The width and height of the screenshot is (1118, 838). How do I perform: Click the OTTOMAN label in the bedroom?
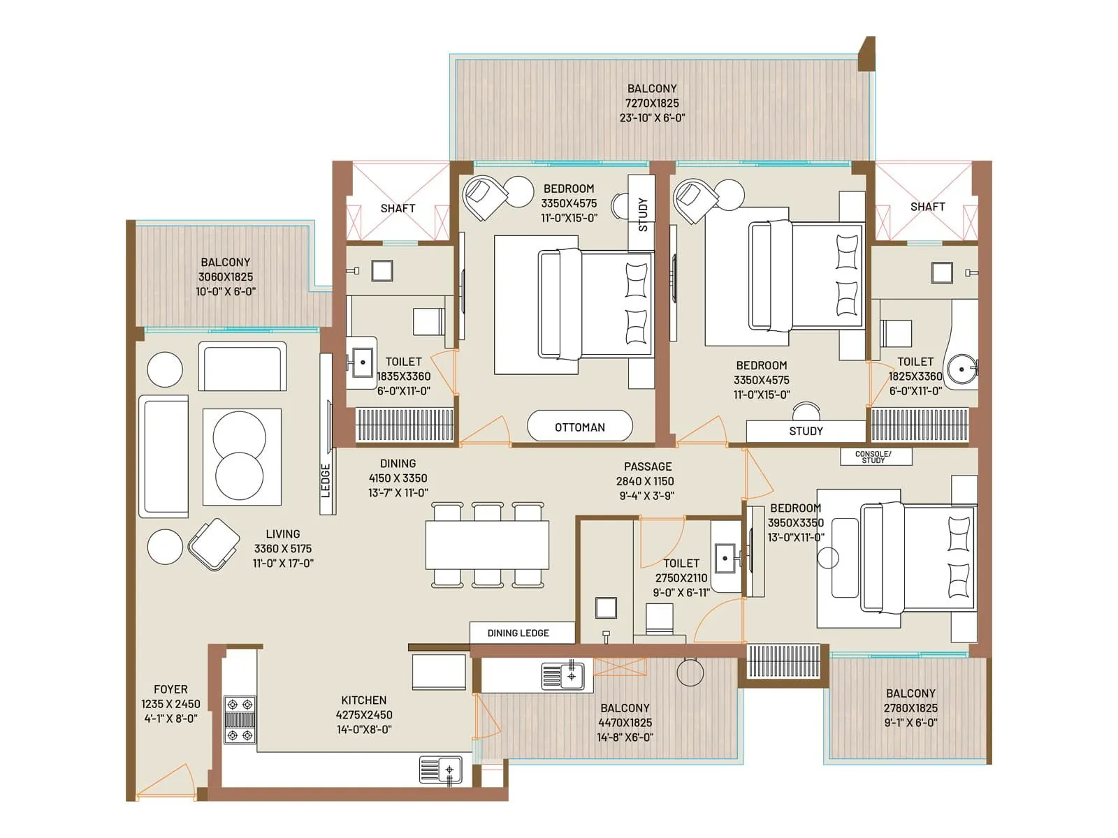pyautogui.click(x=579, y=427)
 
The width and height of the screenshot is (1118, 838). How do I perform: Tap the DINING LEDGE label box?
pyautogui.click(x=518, y=633)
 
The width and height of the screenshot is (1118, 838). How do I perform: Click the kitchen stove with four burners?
pyautogui.click(x=240, y=720)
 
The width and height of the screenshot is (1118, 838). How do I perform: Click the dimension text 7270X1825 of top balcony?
pyautogui.click(x=651, y=103)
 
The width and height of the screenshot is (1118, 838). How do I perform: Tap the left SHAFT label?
pyautogui.click(x=398, y=208)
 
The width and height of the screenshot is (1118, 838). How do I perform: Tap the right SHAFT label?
pyautogui.click(x=927, y=207)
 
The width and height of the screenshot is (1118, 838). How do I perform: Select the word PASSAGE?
pyautogui.click(x=648, y=466)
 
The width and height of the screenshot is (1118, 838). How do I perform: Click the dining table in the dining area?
pyautogui.click(x=487, y=545)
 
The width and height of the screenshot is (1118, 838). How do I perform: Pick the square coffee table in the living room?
pyautogui.click(x=242, y=457)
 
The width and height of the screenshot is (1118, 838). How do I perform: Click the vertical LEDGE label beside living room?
pyautogui.click(x=326, y=480)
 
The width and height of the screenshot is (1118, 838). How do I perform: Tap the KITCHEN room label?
pyautogui.click(x=363, y=700)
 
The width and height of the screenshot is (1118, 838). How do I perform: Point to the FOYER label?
pyautogui.click(x=170, y=689)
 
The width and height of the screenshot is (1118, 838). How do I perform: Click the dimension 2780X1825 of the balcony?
pyautogui.click(x=910, y=708)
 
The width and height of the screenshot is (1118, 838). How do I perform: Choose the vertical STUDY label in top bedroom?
pyautogui.click(x=642, y=214)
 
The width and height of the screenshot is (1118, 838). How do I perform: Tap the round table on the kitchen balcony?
pyautogui.click(x=690, y=672)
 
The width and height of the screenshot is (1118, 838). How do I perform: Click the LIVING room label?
pyautogui.click(x=282, y=534)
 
